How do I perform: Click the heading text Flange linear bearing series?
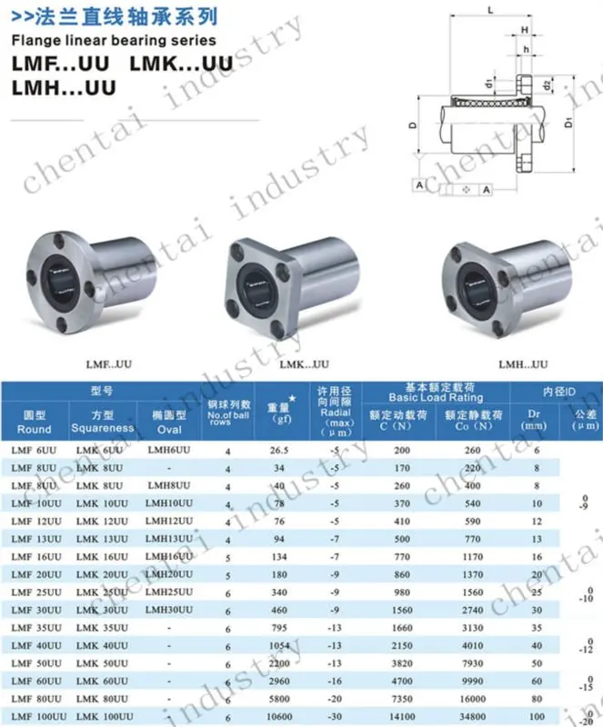[114, 40]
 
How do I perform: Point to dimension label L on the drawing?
[489, 9]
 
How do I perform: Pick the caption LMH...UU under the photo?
[523, 365]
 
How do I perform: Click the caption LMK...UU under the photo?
[304, 365]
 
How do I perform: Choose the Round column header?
[35, 423]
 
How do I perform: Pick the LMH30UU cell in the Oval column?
[169, 609]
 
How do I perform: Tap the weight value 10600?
[277, 716]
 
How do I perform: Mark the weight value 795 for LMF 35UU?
[278, 628]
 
